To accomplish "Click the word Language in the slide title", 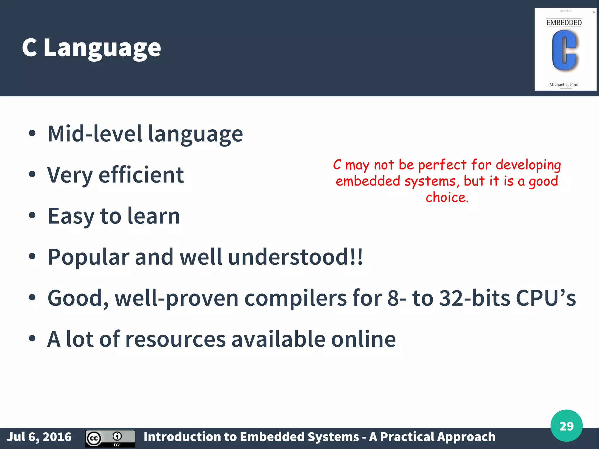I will click(102, 48).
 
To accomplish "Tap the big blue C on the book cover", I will click(564, 51).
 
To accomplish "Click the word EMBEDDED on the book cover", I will click(564, 23).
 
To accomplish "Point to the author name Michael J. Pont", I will click(564, 85).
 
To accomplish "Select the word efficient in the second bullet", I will click(141, 175).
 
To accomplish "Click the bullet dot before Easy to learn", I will click(32, 216).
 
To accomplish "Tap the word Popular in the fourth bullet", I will click(88, 257).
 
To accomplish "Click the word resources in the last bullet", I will click(175, 339).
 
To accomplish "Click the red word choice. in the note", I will click(447, 197).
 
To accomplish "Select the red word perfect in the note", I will click(442, 165).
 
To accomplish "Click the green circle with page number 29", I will click(566, 426).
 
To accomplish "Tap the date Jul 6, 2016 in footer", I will click(39, 437).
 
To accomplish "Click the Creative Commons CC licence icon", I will click(94, 438).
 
